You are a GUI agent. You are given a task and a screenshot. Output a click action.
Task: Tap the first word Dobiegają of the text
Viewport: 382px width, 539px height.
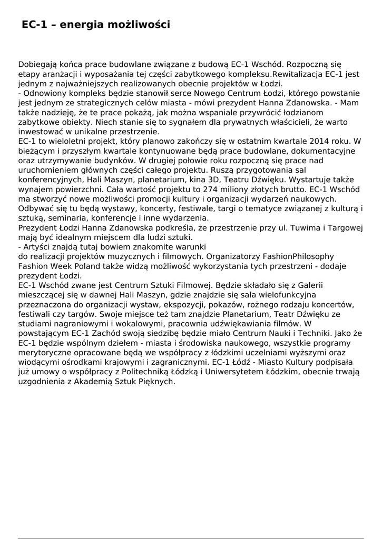point(38,65)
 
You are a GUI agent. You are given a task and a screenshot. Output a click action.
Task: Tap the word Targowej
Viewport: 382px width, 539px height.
point(344,227)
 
